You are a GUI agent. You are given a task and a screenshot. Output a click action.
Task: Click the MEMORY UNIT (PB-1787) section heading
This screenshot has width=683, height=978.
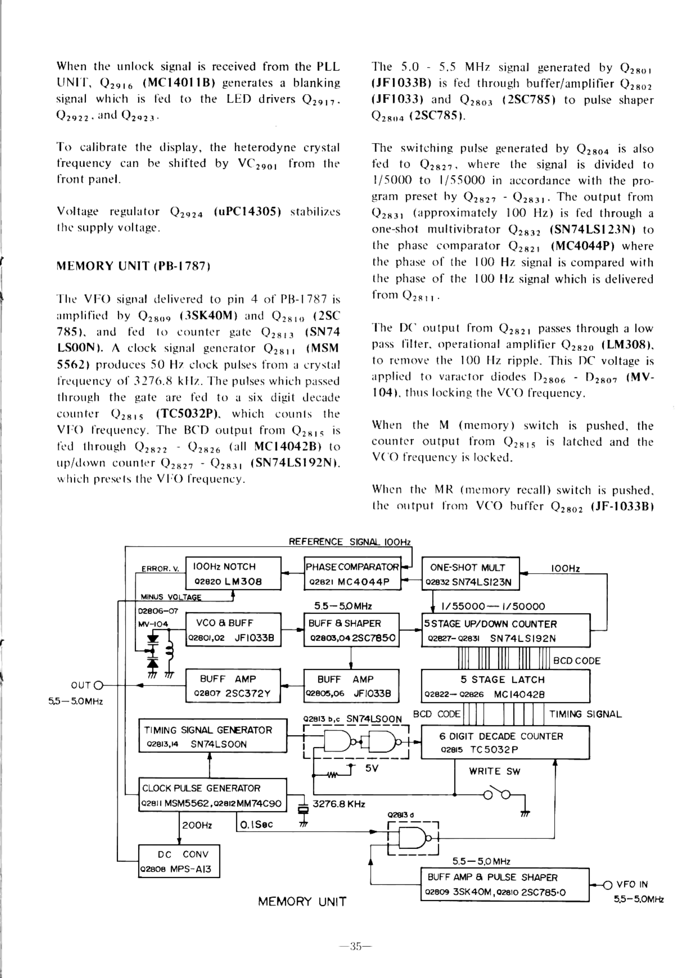(133, 266)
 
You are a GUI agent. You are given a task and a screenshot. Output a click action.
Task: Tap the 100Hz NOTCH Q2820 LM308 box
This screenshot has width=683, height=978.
(233, 573)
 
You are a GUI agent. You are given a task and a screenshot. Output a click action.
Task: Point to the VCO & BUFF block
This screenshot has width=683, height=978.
(233, 630)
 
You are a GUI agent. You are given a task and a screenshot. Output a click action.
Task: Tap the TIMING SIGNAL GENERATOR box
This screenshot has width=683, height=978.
(212, 736)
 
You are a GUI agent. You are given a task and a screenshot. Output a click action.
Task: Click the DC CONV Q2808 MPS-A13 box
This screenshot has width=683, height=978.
(179, 861)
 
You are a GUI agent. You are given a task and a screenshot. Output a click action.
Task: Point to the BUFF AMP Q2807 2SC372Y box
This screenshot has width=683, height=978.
(233, 685)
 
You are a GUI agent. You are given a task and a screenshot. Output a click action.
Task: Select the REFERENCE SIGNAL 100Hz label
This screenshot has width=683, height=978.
(349, 542)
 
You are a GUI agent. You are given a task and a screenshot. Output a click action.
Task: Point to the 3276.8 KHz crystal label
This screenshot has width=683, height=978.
(339, 804)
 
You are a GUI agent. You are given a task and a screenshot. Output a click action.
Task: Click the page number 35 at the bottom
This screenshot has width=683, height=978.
(355, 947)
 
